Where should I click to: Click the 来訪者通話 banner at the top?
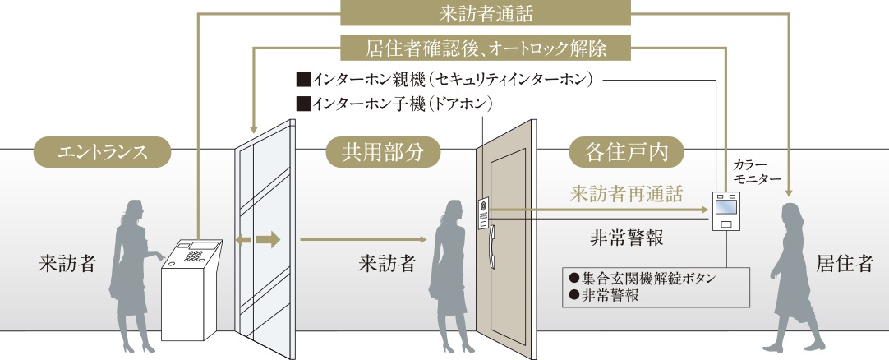(485, 14)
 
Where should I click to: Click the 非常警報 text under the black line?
(626, 238)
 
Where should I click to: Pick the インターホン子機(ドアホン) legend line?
(394, 104)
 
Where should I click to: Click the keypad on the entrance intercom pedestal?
(195, 255)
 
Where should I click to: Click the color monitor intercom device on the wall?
(725, 210)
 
